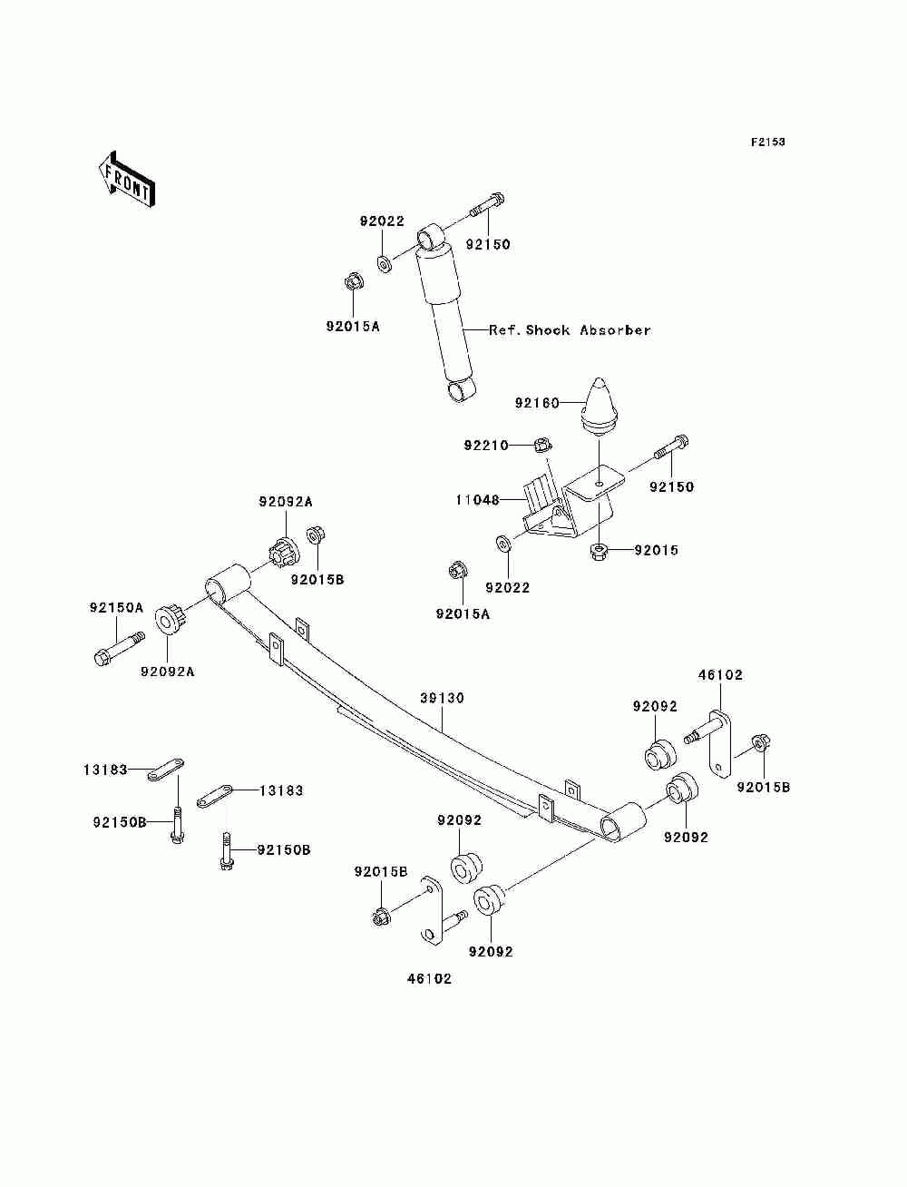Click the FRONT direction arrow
tap(126, 179)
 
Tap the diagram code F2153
tap(767, 142)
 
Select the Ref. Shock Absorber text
tap(570, 329)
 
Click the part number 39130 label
tap(442, 698)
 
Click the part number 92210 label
tap(486, 446)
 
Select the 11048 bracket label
tap(478, 500)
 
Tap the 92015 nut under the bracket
tap(599, 552)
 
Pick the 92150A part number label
tap(116, 608)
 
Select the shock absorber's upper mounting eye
tap(431, 237)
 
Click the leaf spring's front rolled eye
tap(228, 583)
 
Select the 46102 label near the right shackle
tap(720, 675)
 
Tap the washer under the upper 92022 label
tap(385, 265)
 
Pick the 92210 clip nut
tap(542, 446)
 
